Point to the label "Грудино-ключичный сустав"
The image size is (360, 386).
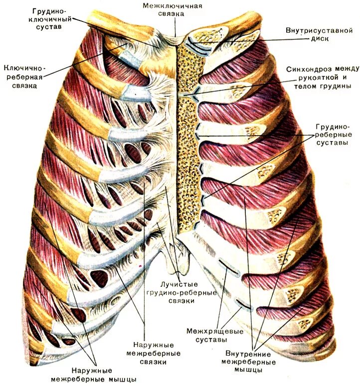(52, 19)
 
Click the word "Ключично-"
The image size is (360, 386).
(24, 67)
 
